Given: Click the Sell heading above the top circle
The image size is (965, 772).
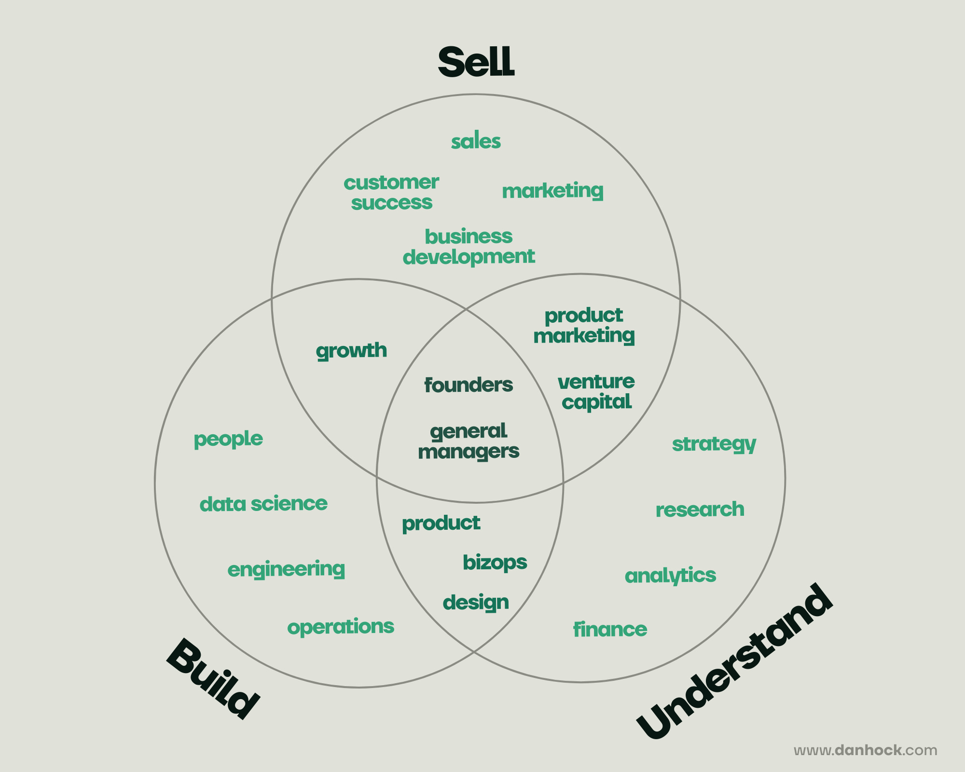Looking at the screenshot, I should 476,62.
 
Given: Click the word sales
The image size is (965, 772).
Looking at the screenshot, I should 476,142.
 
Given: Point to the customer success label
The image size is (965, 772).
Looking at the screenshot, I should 391,193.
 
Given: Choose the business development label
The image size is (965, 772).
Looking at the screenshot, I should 469,247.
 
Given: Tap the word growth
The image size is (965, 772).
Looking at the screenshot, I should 351,351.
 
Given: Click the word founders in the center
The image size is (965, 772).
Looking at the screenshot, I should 469,385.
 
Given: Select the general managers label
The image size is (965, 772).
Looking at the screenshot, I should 469,441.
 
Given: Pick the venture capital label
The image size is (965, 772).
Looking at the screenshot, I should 596,392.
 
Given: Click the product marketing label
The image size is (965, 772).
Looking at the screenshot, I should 584,326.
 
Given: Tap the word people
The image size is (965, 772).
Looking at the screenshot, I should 228,439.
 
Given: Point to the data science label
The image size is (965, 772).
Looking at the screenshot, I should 263,504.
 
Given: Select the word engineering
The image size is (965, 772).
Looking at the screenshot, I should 286,569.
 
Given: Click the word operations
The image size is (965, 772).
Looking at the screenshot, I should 341,627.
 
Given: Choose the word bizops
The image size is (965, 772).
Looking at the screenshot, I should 495,563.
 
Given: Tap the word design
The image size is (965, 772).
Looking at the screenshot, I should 476,603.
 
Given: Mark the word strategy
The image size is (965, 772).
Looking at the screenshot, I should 714,444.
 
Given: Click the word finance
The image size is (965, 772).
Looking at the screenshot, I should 610,630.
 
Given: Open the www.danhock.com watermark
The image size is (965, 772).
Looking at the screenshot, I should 866,750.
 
